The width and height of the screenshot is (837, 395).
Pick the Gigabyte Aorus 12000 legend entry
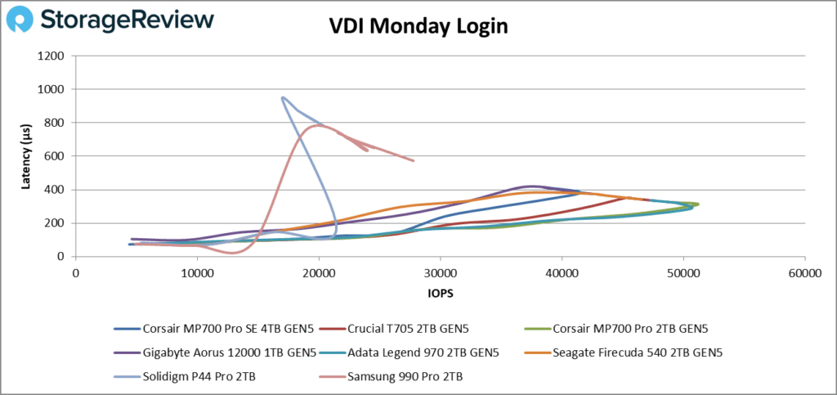[x=216, y=353]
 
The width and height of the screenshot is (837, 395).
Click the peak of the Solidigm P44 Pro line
[x=283, y=97]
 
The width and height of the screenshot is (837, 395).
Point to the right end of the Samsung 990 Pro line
[x=414, y=160]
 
